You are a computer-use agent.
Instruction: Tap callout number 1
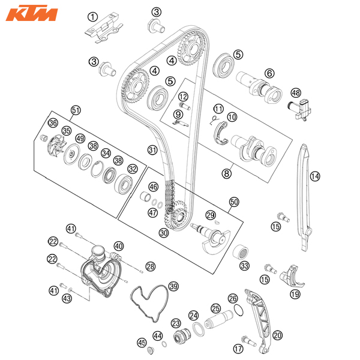(93, 17)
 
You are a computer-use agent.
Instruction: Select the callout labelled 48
(296, 93)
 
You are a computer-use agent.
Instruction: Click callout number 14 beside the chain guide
(315, 176)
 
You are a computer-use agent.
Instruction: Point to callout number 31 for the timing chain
(152, 150)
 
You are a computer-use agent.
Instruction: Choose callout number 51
(76, 110)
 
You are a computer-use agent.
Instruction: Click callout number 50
(234, 202)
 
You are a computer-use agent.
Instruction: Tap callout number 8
(227, 173)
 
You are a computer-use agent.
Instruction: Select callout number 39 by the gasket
(173, 286)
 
